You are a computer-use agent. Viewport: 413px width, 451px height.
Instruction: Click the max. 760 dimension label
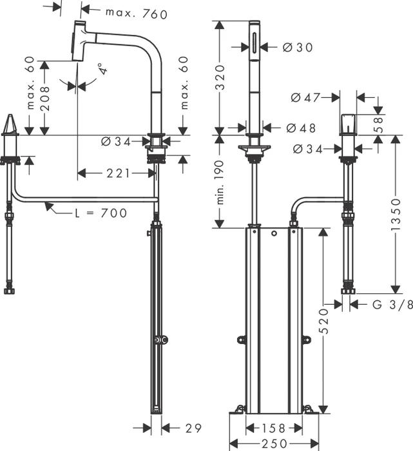(x=137, y=14)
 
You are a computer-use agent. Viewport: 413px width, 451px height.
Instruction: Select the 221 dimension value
(x=118, y=173)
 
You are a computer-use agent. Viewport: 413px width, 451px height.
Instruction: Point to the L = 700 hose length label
(x=101, y=213)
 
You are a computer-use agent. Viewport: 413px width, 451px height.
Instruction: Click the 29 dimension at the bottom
(x=193, y=428)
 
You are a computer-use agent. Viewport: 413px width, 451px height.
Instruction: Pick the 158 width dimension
(x=274, y=428)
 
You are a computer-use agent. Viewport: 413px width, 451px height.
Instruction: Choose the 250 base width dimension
(x=274, y=444)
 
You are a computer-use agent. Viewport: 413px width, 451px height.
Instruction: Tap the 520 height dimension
(x=323, y=321)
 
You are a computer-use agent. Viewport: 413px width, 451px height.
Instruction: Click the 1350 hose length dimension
(x=396, y=215)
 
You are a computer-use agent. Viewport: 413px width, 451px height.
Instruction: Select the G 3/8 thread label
(x=392, y=304)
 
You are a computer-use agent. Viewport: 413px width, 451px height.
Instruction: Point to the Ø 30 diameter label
(x=298, y=47)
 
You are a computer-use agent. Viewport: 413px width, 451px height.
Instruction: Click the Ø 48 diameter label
(x=301, y=128)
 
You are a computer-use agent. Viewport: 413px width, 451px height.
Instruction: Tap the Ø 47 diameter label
(x=305, y=98)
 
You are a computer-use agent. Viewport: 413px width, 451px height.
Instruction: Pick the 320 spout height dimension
(x=220, y=78)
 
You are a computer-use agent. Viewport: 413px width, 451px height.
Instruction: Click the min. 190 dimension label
(x=220, y=182)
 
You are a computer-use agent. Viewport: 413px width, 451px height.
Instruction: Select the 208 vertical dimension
(x=44, y=99)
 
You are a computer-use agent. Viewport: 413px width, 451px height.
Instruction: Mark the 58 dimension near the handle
(x=379, y=124)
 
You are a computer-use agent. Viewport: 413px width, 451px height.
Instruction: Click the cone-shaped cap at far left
(x=10, y=124)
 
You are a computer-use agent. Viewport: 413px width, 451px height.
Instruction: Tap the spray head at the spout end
(x=78, y=41)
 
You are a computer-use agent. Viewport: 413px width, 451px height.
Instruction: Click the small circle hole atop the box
(x=274, y=233)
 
